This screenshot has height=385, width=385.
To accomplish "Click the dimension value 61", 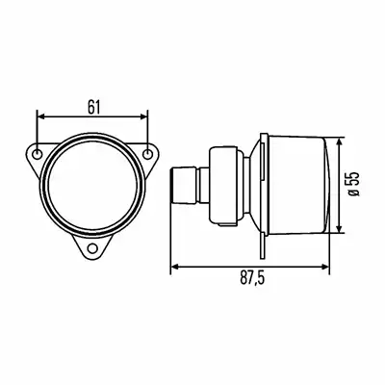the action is coord(93,107).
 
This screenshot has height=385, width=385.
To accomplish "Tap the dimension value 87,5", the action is coord(252,278).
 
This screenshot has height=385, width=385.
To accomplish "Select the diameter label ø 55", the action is coord(354,184).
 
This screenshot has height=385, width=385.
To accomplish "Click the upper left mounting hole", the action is coord(38,154).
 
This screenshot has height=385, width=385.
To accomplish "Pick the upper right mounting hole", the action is coord(147,154).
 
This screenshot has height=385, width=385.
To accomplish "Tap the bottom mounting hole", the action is coord(92,248).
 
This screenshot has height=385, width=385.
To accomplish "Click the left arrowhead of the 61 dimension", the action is coord(41,116).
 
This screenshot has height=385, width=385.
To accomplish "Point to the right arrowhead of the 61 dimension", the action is coord(143,116).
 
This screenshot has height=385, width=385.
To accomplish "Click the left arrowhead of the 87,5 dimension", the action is coord(175,266).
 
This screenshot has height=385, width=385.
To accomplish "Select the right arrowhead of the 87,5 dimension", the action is coord(324,266).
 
